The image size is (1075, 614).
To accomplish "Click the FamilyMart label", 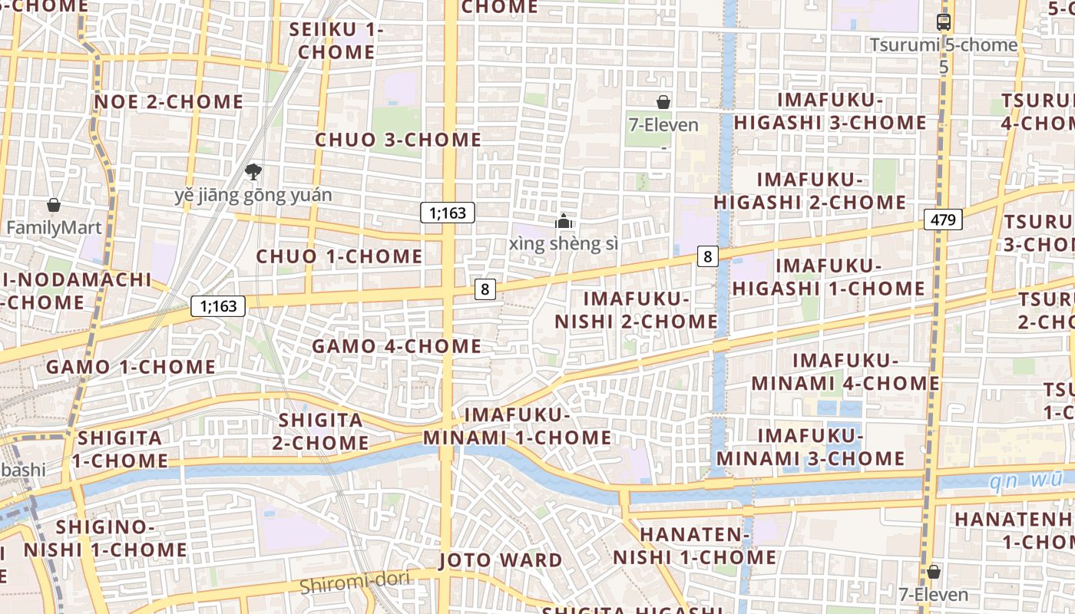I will pyautogui.click(x=54, y=228).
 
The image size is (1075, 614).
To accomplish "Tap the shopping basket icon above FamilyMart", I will pyautogui.click(x=54, y=205).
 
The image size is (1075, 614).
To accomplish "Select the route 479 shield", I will pyautogui.click(x=943, y=220).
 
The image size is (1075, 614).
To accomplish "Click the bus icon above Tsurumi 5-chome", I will pyautogui.click(x=944, y=22).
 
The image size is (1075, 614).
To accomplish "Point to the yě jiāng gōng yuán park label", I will pyautogui.click(x=253, y=195).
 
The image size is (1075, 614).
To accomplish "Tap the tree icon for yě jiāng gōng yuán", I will pyautogui.click(x=253, y=171).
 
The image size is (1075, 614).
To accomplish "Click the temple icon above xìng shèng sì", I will pyautogui.click(x=564, y=221).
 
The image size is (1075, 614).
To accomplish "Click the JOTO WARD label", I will pyautogui.click(x=501, y=560).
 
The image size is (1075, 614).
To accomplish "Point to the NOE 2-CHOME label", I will pyautogui.click(x=168, y=102).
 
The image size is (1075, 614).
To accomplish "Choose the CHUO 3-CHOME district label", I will pyautogui.click(x=398, y=140).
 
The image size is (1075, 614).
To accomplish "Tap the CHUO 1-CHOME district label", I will pyautogui.click(x=339, y=256).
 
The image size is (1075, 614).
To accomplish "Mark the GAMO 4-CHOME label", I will pyautogui.click(x=396, y=346).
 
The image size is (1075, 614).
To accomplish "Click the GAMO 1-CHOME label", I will pyautogui.click(x=131, y=367).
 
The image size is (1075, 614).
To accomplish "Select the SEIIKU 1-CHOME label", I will pyautogui.click(x=336, y=41).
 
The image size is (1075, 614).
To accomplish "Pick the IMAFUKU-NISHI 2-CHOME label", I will pyautogui.click(x=636, y=310).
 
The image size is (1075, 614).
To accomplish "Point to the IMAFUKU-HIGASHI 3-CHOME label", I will pyautogui.click(x=830, y=111).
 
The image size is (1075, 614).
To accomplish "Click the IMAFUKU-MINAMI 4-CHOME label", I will pyautogui.click(x=845, y=371).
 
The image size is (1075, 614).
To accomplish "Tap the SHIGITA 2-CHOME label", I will pyautogui.click(x=321, y=431).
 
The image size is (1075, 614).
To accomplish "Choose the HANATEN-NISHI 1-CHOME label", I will pyautogui.click(x=694, y=546).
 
